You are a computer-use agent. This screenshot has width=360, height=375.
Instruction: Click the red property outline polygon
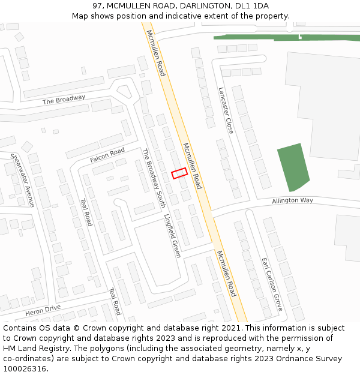pos(179,173)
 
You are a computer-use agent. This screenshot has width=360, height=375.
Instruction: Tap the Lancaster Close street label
pos(226,110)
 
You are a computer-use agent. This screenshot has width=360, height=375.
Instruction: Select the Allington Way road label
pos(292,200)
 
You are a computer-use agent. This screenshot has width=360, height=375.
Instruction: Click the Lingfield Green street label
pos(172,236)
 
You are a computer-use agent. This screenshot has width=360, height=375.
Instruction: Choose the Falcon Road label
pos(107,155)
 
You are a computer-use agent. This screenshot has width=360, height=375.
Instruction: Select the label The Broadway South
pos(154,178)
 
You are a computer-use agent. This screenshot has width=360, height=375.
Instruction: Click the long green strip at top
pos(287,37)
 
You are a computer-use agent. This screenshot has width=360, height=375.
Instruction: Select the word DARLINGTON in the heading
pos(197,6)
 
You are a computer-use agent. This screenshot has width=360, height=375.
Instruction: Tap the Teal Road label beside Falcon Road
pos(86,212)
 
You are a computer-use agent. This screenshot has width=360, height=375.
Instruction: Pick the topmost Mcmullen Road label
pos(155,53)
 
